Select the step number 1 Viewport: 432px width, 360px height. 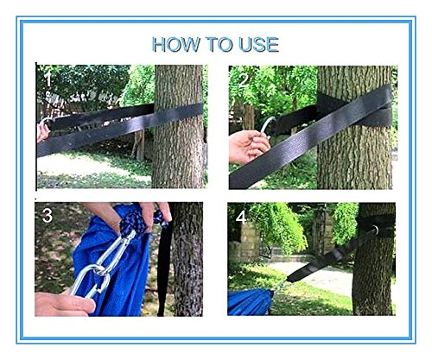[48, 79]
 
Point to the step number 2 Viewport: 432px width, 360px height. [244, 80]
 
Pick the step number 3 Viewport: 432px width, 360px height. [48, 215]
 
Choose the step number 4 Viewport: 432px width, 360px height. [241, 218]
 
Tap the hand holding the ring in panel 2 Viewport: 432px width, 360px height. [248, 146]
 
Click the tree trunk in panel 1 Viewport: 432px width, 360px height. [178, 127]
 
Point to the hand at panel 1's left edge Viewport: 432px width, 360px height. [42, 131]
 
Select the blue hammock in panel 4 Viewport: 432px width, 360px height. [250, 302]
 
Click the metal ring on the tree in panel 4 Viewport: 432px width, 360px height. [374, 231]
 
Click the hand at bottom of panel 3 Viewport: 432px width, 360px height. [65, 304]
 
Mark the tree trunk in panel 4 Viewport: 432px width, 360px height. [374, 259]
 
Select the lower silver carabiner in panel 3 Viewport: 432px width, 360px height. [89, 281]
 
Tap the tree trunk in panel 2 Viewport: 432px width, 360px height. [354, 128]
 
